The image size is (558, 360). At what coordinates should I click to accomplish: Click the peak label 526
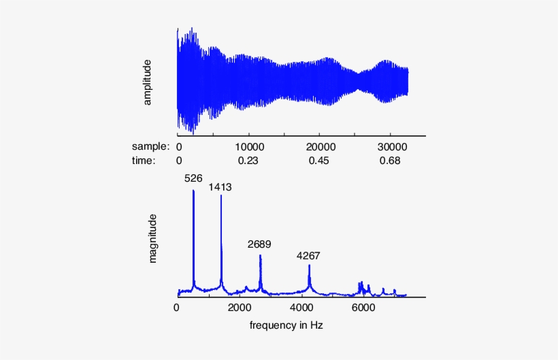click(194, 178)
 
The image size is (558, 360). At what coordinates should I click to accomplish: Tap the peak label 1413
click(220, 186)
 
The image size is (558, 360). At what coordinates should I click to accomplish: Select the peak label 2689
click(259, 244)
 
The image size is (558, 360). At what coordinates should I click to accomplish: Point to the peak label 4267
click(308, 256)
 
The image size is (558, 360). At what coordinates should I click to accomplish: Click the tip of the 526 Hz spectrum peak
click(193, 191)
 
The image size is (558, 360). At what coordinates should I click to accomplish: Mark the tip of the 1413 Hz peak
click(220, 196)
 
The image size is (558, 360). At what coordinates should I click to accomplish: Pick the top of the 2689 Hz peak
click(260, 255)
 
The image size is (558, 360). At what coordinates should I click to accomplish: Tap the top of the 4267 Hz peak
click(309, 266)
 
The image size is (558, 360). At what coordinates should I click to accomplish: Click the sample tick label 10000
click(250, 146)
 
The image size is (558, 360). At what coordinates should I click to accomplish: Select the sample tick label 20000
click(321, 146)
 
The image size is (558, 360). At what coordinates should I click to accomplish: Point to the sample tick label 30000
click(392, 146)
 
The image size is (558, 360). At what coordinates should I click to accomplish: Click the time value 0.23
click(250, 161)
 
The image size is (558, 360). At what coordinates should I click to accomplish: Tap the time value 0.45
click(321, 161)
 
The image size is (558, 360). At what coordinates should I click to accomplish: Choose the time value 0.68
click(392, 161)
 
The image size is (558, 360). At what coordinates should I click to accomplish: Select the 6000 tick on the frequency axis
click(363, 308)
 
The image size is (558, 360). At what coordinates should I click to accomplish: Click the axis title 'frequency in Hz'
click(286, 325)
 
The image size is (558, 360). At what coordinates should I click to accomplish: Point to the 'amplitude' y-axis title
click(146, 82)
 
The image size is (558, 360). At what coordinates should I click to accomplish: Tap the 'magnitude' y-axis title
click(153, 238)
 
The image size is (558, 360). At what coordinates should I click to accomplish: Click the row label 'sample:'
click(150, 146)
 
